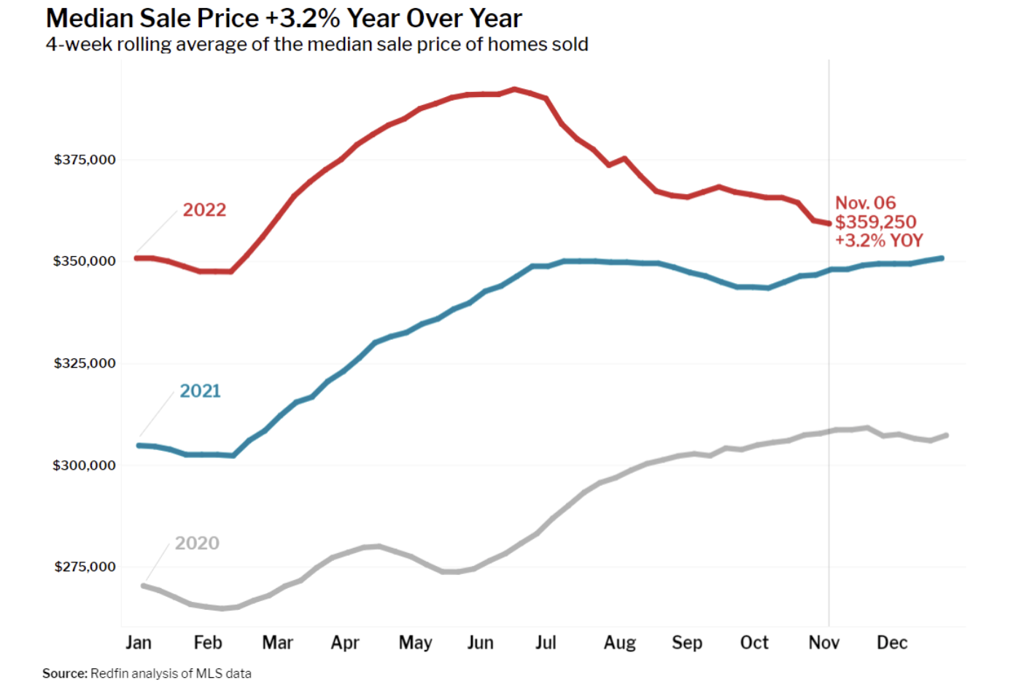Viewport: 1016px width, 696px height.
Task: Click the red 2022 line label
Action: tap(204, 210)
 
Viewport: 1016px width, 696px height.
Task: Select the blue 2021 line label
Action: tap(200, 391)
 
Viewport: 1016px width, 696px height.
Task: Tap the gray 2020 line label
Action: tap(197, 544)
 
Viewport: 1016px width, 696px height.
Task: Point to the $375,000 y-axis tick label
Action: tap(85, 160)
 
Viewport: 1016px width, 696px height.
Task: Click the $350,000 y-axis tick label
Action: tap(85, 261)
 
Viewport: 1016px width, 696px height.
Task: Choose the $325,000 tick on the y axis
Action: tap(85, 363)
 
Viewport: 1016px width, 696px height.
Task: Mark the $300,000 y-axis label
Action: tap(85, 465)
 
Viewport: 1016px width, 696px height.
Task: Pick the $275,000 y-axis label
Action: tap(85, 567)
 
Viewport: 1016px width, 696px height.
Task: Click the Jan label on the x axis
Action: tap(139, 643)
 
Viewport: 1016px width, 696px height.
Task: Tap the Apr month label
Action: tap(345, 643)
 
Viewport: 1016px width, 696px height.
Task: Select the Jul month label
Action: tap(546, 643)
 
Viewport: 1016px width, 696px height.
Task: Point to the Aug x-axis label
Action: tap(620, 643)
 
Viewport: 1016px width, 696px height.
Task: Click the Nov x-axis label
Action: tap(824, 643)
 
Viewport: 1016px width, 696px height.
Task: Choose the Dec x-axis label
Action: tap(892, 643)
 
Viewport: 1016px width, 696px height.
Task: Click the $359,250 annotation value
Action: tap(875, 222)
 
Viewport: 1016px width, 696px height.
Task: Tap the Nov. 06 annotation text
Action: tap(865, 203)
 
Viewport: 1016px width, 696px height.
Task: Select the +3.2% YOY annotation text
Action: tap(879, 241)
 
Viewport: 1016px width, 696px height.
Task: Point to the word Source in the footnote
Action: tap(64, 673)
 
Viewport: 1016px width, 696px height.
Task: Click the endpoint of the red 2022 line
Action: tap(829, 223)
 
